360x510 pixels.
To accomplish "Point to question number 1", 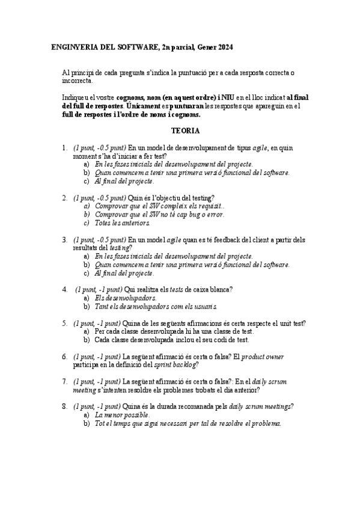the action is (64, 147).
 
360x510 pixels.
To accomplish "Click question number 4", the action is (64, 289).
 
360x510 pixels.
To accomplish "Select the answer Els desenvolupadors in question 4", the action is (126, 298).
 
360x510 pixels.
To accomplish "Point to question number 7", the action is (64, 381).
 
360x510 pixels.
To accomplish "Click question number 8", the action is (64, 407).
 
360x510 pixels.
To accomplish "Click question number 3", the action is (64, 239).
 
